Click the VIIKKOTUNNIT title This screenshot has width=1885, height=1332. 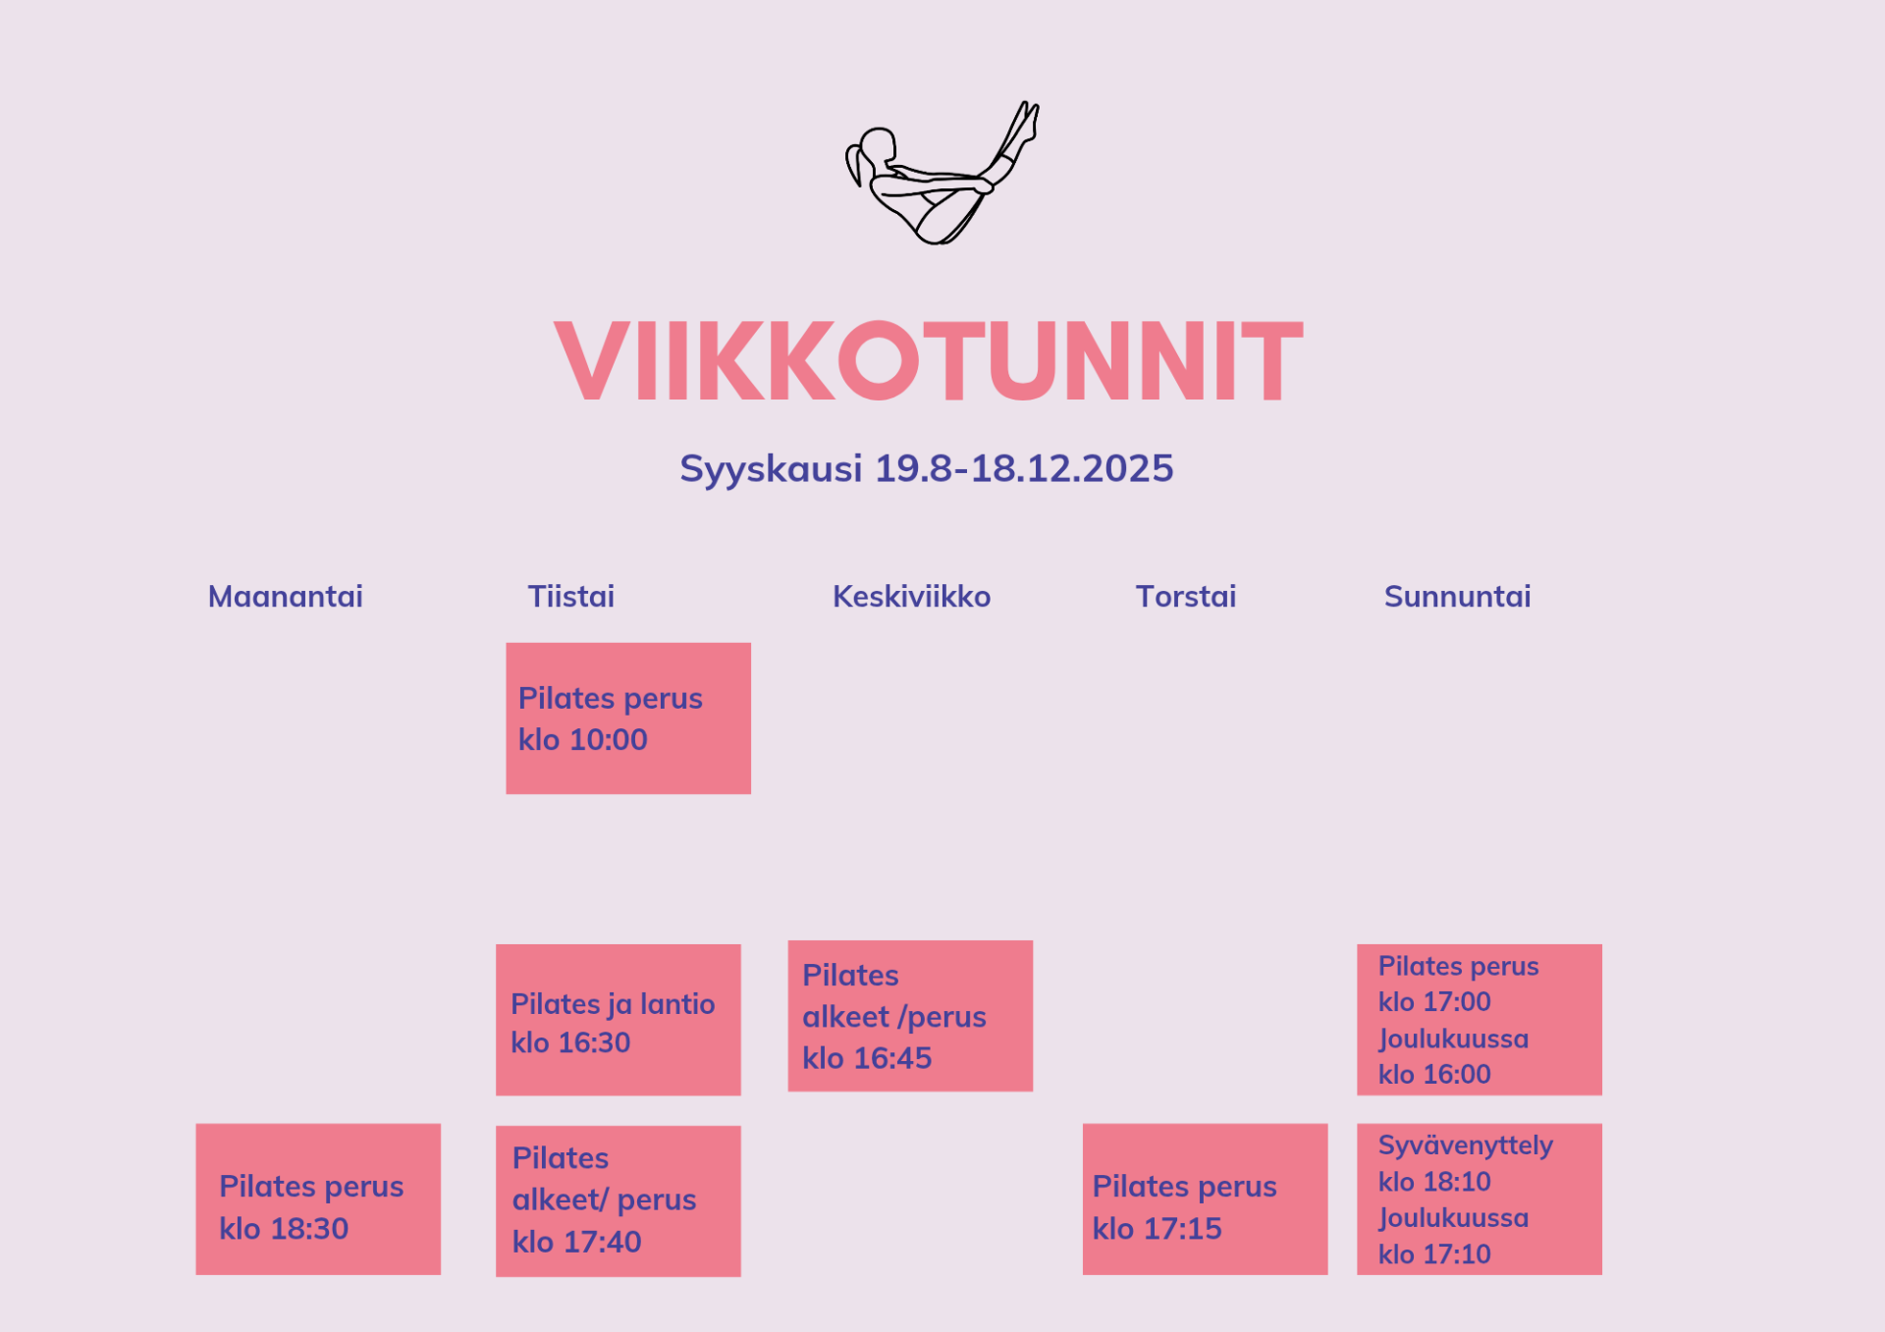pyautogui.click(x=929, y=360)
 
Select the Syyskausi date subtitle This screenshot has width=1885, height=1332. pyautogui.click(x=927, y=468)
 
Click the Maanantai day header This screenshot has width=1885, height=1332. pyautogui.click(x=286, y=596)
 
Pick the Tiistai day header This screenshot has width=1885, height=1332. pyautogui.click(x=571, y=596)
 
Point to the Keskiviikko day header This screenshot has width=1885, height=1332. pyautogui.click(x=912, y=596)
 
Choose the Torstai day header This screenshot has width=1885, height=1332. pyautogui.click(x=1186, y=596)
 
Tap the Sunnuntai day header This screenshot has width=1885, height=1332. pyautogui.click(x=1458, y=596)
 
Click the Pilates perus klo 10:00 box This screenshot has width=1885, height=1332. pyautogui.click(x=628, y=719)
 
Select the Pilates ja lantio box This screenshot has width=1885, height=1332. pyautogui.click(x=619, y=1020)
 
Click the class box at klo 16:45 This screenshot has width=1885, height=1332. pyautogui.click(x=910, y=1016)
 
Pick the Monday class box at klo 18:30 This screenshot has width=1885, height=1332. pyautogui.click(x=318, y=1199)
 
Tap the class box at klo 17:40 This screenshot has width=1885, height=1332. pyautogui.click(x=619, y=1201)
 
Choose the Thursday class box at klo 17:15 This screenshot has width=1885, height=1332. pyautogui.click(x=1206, y=1199)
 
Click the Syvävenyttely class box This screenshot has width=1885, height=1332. pyautogui.click(x=1480, y=1199)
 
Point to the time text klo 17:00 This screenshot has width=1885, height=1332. pyautogui.click(x=1434, y=1002)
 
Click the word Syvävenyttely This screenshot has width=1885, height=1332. pyautogui.click(x=1466, y=1146)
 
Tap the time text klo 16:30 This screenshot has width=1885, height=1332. pyautogui.click(x=570, y=1042)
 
